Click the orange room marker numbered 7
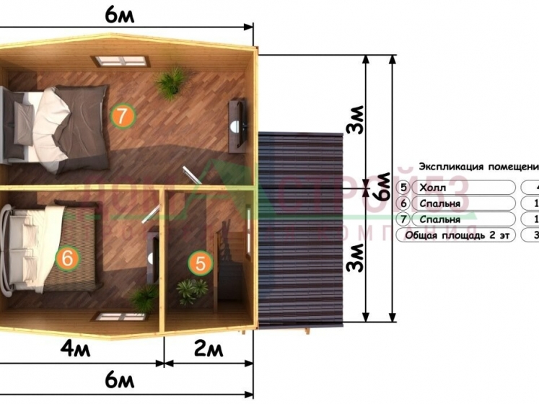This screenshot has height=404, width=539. (x=123, y=114)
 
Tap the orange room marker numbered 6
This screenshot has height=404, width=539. (x=66, y=258)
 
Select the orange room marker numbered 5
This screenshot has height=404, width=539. (x=203, y=263)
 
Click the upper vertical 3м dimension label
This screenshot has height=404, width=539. (x=354, y=123)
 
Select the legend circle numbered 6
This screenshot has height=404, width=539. (x=404, y=203)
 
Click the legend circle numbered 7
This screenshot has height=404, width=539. (x=404, y=219)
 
